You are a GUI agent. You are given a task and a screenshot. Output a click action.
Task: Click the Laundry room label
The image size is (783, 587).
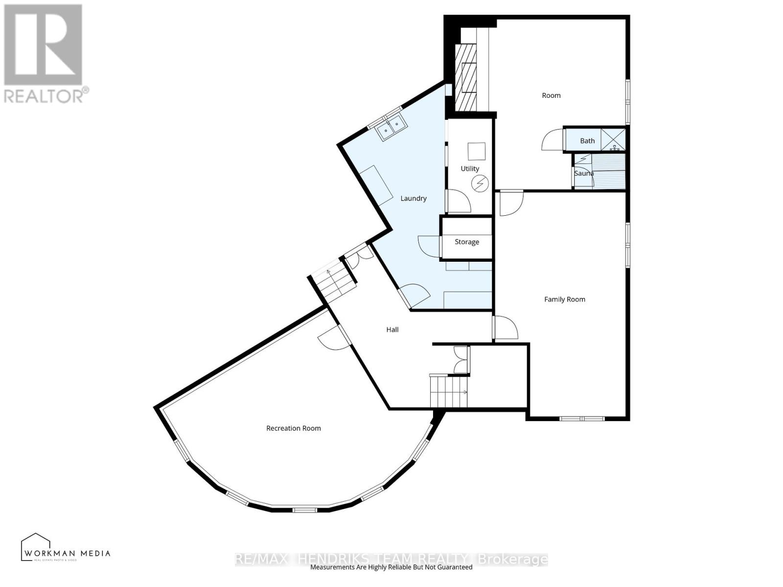(x=414, y=198)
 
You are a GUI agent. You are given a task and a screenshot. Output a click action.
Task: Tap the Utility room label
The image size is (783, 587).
(x=470, y=168)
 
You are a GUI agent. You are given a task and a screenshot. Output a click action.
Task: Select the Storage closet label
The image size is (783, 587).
(x=467, y=242)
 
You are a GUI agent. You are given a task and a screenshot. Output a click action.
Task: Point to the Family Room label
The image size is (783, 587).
(x=565, y=299)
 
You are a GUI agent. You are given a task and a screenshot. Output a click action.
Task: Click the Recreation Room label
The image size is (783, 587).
(x=294, y=428)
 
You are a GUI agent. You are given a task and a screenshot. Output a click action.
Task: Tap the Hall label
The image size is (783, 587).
(x=392, y=330)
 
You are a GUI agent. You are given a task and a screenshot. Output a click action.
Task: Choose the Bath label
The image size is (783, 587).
(x=587, y=141)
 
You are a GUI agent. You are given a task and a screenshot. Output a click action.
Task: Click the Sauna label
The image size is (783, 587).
(x=584, y=173)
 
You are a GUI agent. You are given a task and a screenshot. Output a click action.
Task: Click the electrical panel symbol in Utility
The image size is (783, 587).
(x=480, y=183)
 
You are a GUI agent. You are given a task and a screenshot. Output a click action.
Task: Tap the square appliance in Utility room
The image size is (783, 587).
(x=476, y=151)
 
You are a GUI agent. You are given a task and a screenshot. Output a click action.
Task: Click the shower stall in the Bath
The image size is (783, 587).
(x=613, y=139)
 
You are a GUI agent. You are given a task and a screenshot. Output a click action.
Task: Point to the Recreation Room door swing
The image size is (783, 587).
(x=333, y=339)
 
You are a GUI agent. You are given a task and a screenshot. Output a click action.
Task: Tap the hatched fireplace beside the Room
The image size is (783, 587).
(x=465, y=77)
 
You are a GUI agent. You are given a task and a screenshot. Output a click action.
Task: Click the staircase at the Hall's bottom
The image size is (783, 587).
(x=449, y=392)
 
